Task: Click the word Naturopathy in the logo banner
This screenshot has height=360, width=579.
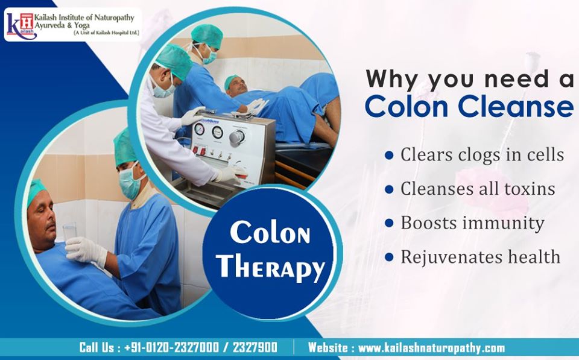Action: tap(114, 17)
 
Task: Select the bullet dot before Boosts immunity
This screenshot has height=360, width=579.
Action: tap(389, 223)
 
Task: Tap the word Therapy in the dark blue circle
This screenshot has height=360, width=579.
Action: tap(270, 267)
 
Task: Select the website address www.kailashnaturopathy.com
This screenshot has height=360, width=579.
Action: tap(431, 348)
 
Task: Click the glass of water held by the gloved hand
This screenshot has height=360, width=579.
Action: tap(69, 232)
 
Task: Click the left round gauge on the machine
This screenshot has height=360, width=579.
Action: tap(200, 129)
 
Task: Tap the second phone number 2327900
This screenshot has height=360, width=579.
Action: tap(255, 347)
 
